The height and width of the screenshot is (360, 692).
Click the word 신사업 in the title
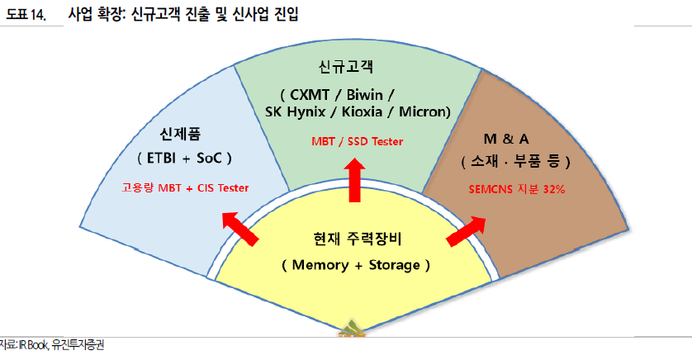click(254, 14)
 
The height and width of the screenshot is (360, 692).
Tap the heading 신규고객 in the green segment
click(344, 65)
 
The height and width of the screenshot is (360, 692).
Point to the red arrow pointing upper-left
click(240, 229)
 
